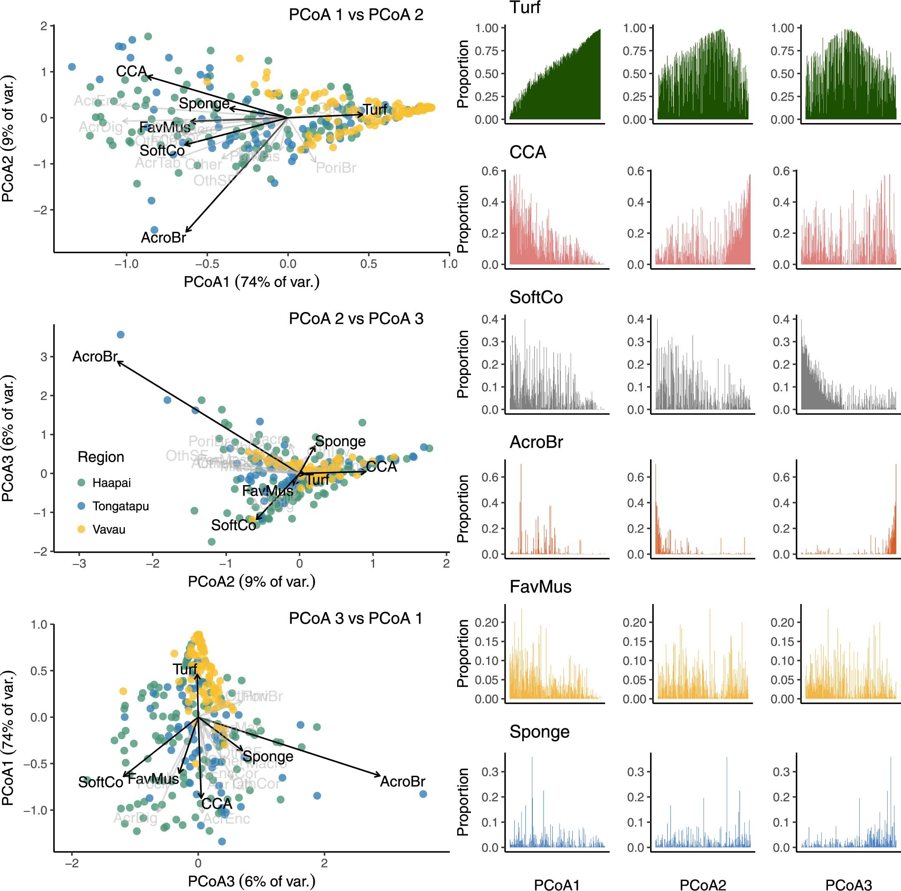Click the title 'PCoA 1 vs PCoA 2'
tap(356, 15)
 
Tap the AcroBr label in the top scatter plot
tap(163, 238)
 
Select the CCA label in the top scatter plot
tap(131, 71)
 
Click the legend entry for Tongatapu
tap(120, 506)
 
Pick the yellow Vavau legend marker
tap(81, 529)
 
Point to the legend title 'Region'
tap(101, 457)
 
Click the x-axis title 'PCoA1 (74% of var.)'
tap(251, 282)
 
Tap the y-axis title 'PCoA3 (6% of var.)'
tap(8, 438)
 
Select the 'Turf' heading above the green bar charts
tap(525, 8)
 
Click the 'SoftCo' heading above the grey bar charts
tap(536, 297)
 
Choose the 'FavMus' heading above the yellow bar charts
tap(540, 586)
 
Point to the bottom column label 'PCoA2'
tap(703, 885)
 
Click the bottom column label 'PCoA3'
tap(848, 885)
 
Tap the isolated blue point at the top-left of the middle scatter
tap(120, 335)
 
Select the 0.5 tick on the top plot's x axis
tap(368, 264)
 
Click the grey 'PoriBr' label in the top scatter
tap(336, 168)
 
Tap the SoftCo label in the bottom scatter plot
tap(100, 782)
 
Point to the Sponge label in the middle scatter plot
tap(340, 441)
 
